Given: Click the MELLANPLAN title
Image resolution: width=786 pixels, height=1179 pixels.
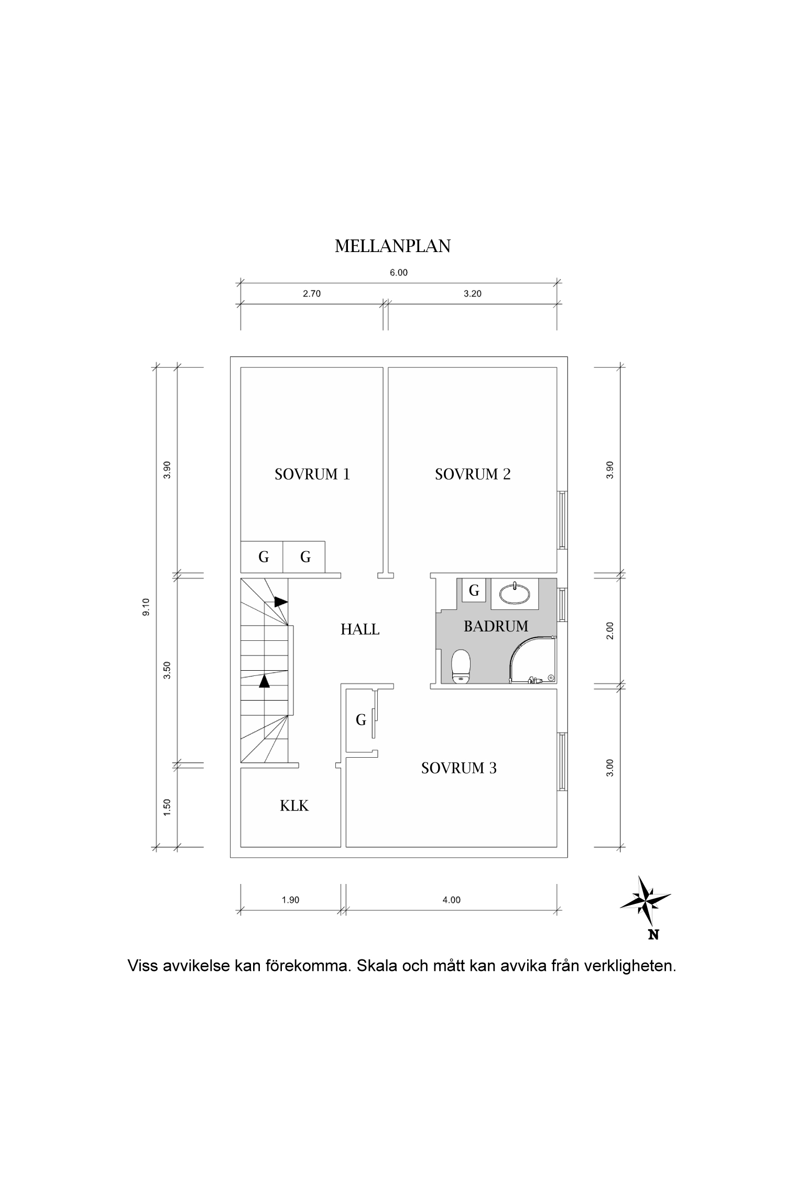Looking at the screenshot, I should tap(392, 246).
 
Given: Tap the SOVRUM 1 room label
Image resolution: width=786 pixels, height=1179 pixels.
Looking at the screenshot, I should tap(312, 474).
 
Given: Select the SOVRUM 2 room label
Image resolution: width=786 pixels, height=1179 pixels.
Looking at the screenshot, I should tap(472, 474).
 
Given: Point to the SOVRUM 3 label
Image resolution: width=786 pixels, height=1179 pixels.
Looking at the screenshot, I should tap(458, 768).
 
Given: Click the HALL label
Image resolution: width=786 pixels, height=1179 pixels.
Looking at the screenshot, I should tap(360, 629).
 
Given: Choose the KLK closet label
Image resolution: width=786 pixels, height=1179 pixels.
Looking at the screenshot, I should tap(294, 806).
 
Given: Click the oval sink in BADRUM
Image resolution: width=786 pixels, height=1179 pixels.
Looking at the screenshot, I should tap(515, 593).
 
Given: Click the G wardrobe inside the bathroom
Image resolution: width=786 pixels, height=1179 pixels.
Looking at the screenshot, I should tap(474, 591).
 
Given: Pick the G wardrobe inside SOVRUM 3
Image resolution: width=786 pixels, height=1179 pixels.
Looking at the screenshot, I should tap(361, 720).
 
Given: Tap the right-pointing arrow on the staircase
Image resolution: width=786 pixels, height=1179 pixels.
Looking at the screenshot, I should tap(281, 602).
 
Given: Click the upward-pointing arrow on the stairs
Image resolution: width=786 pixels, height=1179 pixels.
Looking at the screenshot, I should tap(264, 681).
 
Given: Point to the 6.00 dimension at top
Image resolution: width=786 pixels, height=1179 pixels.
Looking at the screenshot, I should tap(398, 272).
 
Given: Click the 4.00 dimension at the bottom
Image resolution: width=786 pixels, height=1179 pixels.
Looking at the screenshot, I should tap(451, 900).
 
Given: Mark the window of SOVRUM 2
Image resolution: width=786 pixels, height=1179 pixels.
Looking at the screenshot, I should tap(562, 520).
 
